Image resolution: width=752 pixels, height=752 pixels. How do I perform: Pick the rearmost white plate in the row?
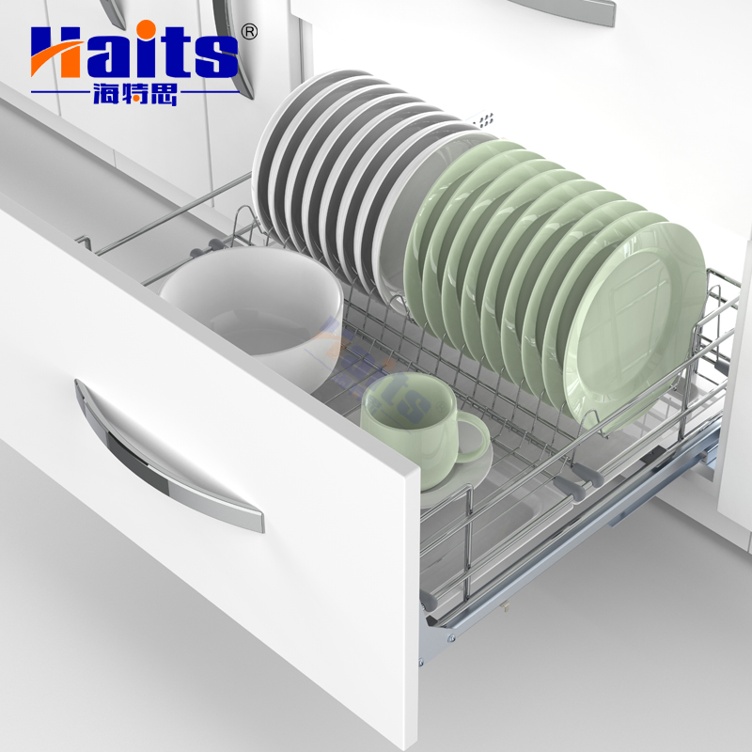point(297,144)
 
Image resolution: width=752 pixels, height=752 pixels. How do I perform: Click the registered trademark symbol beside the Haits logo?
point(248,32)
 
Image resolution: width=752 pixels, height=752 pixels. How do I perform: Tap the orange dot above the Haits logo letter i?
point(149,29)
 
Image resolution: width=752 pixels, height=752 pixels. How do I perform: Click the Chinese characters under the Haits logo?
point(135,94)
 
